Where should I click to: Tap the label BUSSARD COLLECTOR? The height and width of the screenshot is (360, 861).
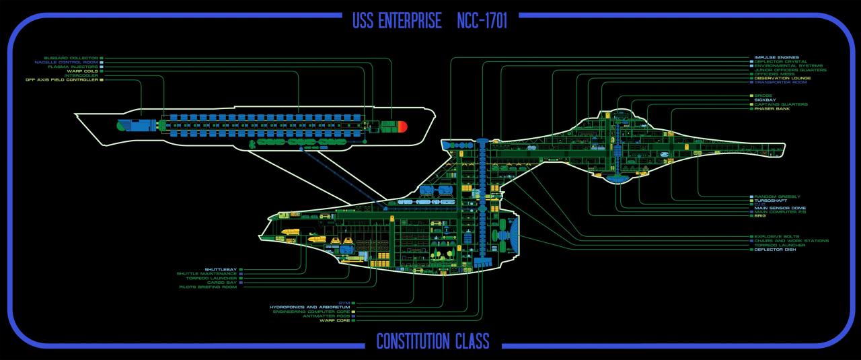(x=71, y=59)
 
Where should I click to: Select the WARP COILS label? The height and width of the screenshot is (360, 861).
(x=82, y=71)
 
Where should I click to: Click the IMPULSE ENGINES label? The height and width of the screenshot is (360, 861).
(x=780, y=57)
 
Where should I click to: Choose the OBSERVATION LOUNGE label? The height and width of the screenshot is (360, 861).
(x=782, y=78)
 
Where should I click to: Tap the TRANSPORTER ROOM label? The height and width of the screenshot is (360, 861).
(x=780, y=82)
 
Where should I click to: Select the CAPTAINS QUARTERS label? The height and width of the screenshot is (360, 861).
(x=780, y=104)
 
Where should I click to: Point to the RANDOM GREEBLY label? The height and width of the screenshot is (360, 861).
(x=777, y=196)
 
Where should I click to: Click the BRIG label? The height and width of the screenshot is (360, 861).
(x=759, y=216)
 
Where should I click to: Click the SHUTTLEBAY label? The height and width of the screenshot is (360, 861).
(x=221, y=270)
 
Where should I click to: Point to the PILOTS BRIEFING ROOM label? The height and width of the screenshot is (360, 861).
(x=208, y=287)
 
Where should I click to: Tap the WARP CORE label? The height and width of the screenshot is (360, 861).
(x=334, y=321)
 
